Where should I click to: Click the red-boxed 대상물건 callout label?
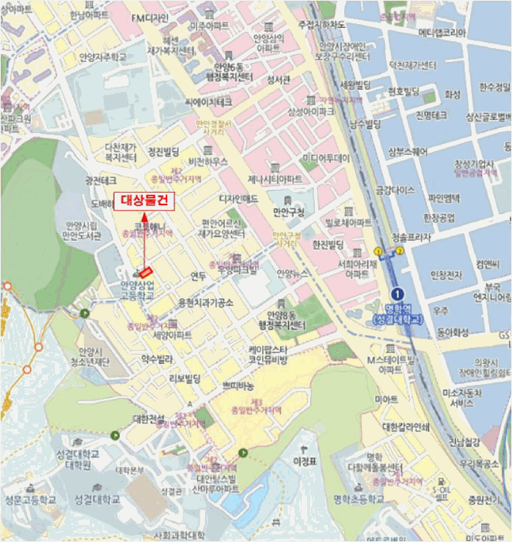[x=145, y=201]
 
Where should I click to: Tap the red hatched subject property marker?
[x=145, y=271]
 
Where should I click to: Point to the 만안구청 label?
[x=290, y=211]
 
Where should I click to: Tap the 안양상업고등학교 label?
[x=137, y=290]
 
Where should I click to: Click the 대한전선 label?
[x=148, y=419]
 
